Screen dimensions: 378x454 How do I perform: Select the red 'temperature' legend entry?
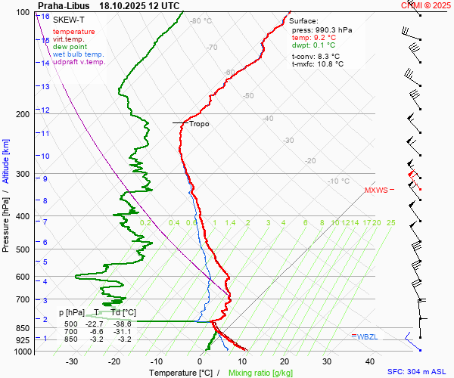(74, 32)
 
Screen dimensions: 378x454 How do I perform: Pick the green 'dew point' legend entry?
(70, 47)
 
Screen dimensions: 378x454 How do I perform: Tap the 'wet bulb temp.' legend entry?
(78, 54)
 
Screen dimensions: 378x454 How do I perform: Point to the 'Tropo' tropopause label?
(199, 123)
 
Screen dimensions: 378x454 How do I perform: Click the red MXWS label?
(376, 190)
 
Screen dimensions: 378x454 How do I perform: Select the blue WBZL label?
(367, 336)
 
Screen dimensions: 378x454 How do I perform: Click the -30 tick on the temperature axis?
(72, 361)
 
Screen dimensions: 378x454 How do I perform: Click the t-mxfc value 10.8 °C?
(328, 64)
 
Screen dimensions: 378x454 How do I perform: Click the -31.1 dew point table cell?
(123, 331)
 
